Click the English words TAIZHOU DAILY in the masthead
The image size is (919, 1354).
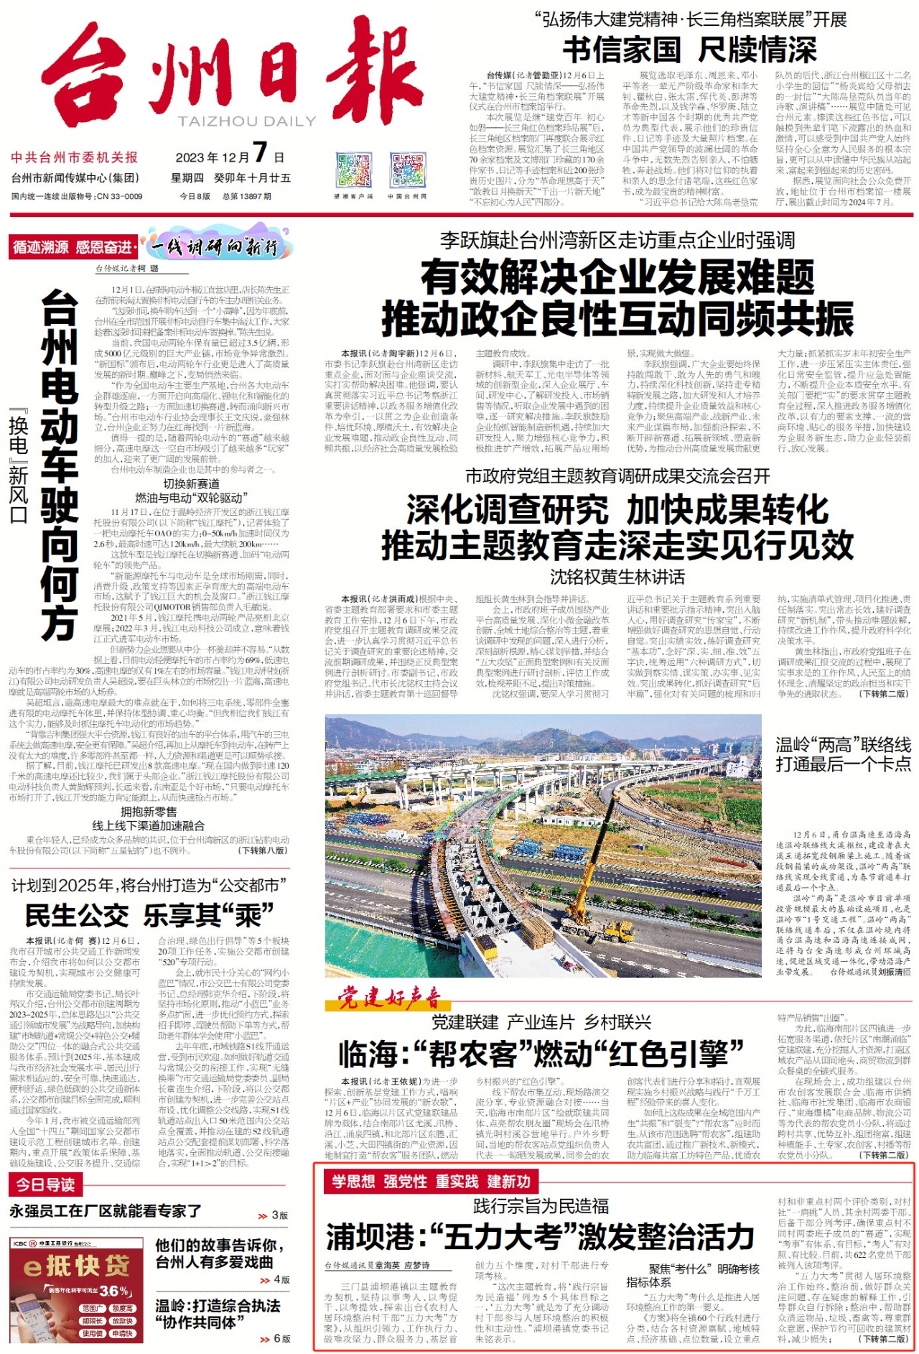point(247,121)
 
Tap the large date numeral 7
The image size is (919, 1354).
point(260,152)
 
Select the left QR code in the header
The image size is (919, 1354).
point(353,171)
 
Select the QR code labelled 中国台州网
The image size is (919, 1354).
point(407,171)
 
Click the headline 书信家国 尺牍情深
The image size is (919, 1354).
point(689,50)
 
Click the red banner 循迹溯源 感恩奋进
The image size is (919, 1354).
point(73,247)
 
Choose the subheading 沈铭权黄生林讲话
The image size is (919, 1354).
point(617,577)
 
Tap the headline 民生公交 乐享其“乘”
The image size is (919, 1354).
point(149,915)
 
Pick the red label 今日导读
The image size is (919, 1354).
point(46,1184)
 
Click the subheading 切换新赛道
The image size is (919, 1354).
point(192,483)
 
